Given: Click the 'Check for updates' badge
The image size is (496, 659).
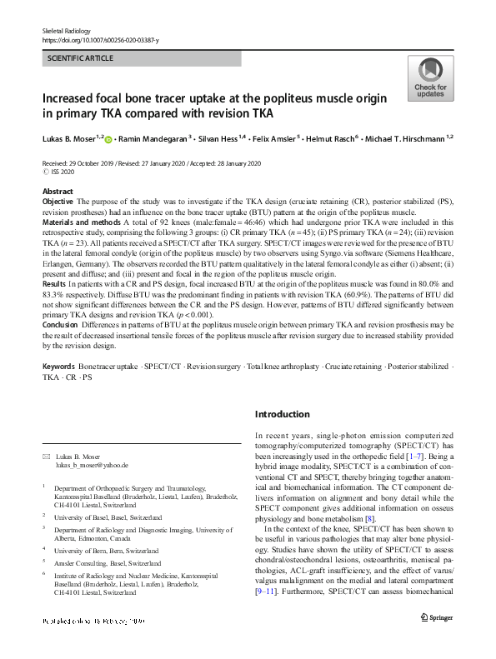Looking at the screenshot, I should pyautogui.click(x=429, y=78).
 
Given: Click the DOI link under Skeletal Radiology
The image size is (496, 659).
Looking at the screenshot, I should pyautogui.click(x=99, y=40).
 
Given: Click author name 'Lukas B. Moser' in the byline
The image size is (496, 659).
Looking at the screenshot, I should pyautogui.click(x=70, y=138).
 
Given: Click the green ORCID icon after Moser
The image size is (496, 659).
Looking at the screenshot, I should pyautogui.click(x=108, y=139).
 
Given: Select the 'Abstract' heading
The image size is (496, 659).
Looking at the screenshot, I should pyautogui.click(x=57, y=192).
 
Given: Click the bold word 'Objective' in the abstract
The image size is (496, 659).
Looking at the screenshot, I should pyautogui.click(x=58, y=202).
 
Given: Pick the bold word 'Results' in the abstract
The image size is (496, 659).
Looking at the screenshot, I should pyautogui.click(x=54, y=282).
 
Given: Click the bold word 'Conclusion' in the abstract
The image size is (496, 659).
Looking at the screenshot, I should pyautogui.click(x=61, y=322).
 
